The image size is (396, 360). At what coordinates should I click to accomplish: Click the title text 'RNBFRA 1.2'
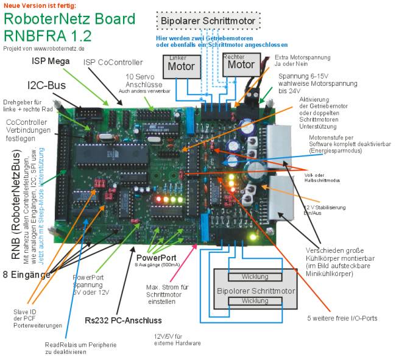pyautogui.click(x=47, y=35)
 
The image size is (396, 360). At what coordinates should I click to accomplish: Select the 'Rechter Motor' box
pyautogui.click(x=240, y=63)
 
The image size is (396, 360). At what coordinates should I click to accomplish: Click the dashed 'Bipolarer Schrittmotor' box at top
pyautogui.click(x=209, y=21)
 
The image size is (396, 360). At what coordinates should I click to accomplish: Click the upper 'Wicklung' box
pyautogui.click(x=255, y=277)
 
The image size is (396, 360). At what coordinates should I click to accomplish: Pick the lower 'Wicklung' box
pyautogui.click(x=255, y=301)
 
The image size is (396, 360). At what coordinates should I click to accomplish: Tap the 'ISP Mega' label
pyautogui.click(x=51, y=61)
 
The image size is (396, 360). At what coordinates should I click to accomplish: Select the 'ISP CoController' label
pyautogui.click(x=113, y=62)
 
